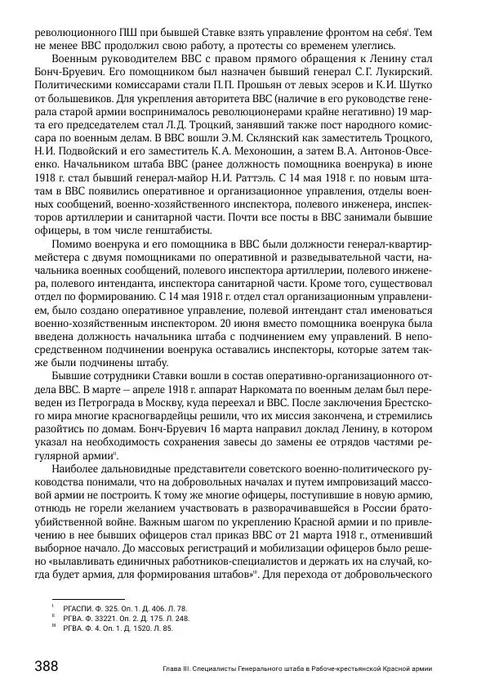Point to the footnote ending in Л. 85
coord(118,628)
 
